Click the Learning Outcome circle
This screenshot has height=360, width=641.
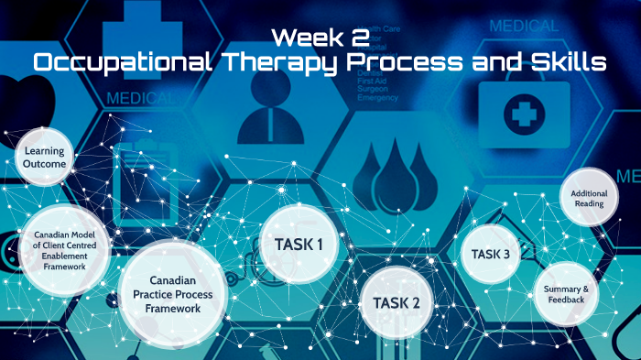(45, 157)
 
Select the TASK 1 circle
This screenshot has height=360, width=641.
(299, 245)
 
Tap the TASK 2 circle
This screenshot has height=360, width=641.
(397, 303)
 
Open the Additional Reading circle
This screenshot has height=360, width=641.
(588, 198)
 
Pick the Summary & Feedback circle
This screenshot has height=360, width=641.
(565, 294)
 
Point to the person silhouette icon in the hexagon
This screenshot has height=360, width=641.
(275, 114)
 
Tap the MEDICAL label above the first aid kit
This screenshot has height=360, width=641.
(524, 26)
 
